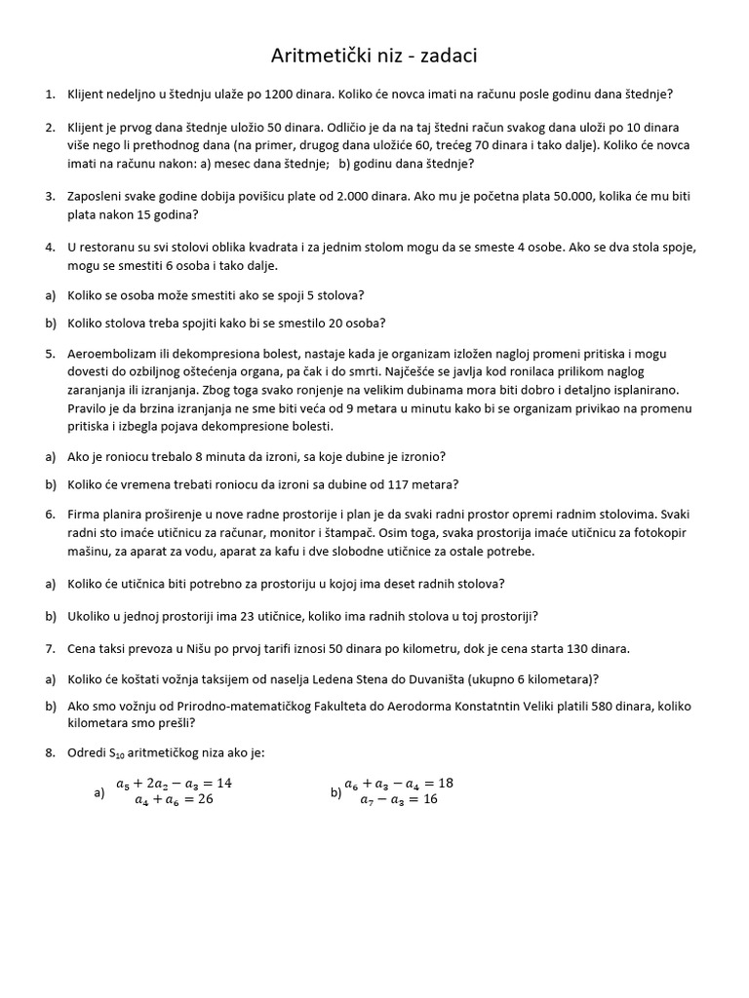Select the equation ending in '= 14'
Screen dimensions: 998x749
tap(174, 783)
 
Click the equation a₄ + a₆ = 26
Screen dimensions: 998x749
tap(174, 799)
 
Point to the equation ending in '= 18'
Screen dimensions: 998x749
tap(399, 783)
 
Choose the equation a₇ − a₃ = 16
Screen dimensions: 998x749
tap(399, 799)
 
